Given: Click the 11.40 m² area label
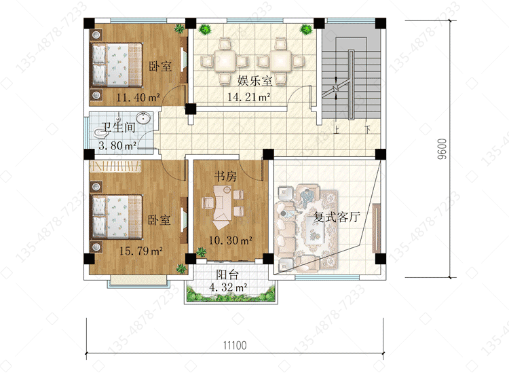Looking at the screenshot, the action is click(138, 97).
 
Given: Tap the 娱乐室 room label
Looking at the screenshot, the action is click(254, 80).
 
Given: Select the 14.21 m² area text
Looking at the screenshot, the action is click(249, 97).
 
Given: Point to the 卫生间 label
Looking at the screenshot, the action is click(119, 127).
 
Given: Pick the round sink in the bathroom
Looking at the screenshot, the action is click(143, 118).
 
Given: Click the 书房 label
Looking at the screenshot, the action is click(225, 176).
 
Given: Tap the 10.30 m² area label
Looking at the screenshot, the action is click(231, 241).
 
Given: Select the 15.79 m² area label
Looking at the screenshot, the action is click(141, 251).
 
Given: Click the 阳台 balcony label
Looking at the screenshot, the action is click(227, 274).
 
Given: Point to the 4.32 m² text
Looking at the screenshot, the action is click(228, 287).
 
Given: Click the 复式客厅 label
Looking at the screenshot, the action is click(337, 217).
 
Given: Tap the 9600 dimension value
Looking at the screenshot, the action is click(442, 149).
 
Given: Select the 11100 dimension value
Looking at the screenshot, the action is click(235, 345).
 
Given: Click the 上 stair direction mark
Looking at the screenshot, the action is click(337, 130).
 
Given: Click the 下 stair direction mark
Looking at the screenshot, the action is click(368, 130).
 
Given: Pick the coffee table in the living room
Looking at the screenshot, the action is click(314, 230).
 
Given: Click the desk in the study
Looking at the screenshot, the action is click(222, 207).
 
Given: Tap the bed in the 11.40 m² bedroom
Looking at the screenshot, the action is click(117, 65).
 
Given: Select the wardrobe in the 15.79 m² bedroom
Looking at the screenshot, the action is click(115, 166).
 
